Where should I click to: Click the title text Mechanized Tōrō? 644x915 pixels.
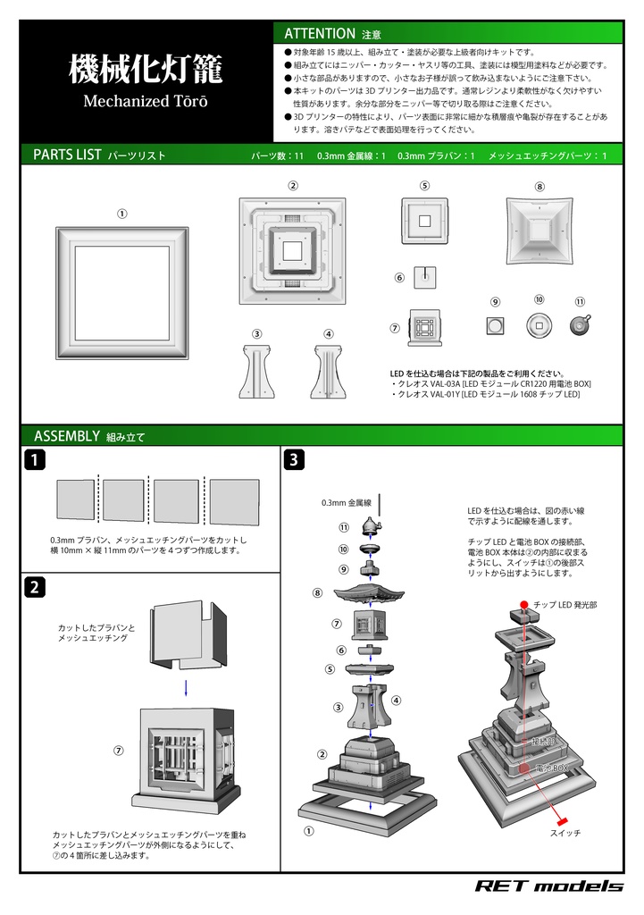pos(146,101)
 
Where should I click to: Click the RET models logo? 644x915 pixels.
pos(548,886)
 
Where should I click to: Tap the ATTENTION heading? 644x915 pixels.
pos(320,33)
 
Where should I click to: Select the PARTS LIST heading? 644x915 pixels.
pos(67,155)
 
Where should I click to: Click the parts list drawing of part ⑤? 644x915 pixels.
pos(424,220)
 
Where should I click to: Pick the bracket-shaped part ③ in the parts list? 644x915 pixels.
pos(256,369)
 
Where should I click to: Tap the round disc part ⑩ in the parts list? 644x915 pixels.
pos(538,325)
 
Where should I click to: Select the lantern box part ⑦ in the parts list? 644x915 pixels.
pos(425,327)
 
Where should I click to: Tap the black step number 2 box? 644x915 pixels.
pos(34,588)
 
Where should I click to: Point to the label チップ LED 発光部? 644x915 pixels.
pos(565,605)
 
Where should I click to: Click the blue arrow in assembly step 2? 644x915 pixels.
pos(185,686)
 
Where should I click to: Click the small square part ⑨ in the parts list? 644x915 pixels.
pos(495,326)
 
